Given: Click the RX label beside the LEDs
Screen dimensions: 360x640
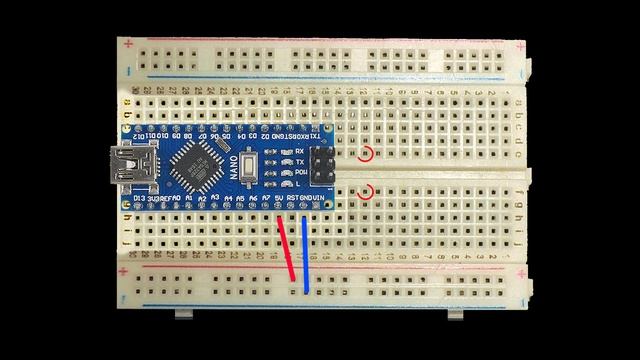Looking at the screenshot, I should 299,150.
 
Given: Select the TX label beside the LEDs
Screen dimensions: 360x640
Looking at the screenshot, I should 299,162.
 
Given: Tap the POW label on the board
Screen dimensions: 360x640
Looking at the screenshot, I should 299,173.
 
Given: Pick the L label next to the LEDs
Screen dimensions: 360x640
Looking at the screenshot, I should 297,185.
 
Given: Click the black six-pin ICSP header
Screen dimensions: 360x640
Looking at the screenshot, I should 323,167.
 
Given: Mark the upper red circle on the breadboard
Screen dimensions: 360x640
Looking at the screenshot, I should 367,154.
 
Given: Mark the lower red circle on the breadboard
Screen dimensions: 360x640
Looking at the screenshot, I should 367,191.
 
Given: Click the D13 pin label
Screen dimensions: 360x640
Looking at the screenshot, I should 139,200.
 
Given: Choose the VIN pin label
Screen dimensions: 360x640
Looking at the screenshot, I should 318,200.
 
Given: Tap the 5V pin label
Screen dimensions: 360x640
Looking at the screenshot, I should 278,200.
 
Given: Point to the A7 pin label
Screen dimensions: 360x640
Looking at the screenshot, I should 266,200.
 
